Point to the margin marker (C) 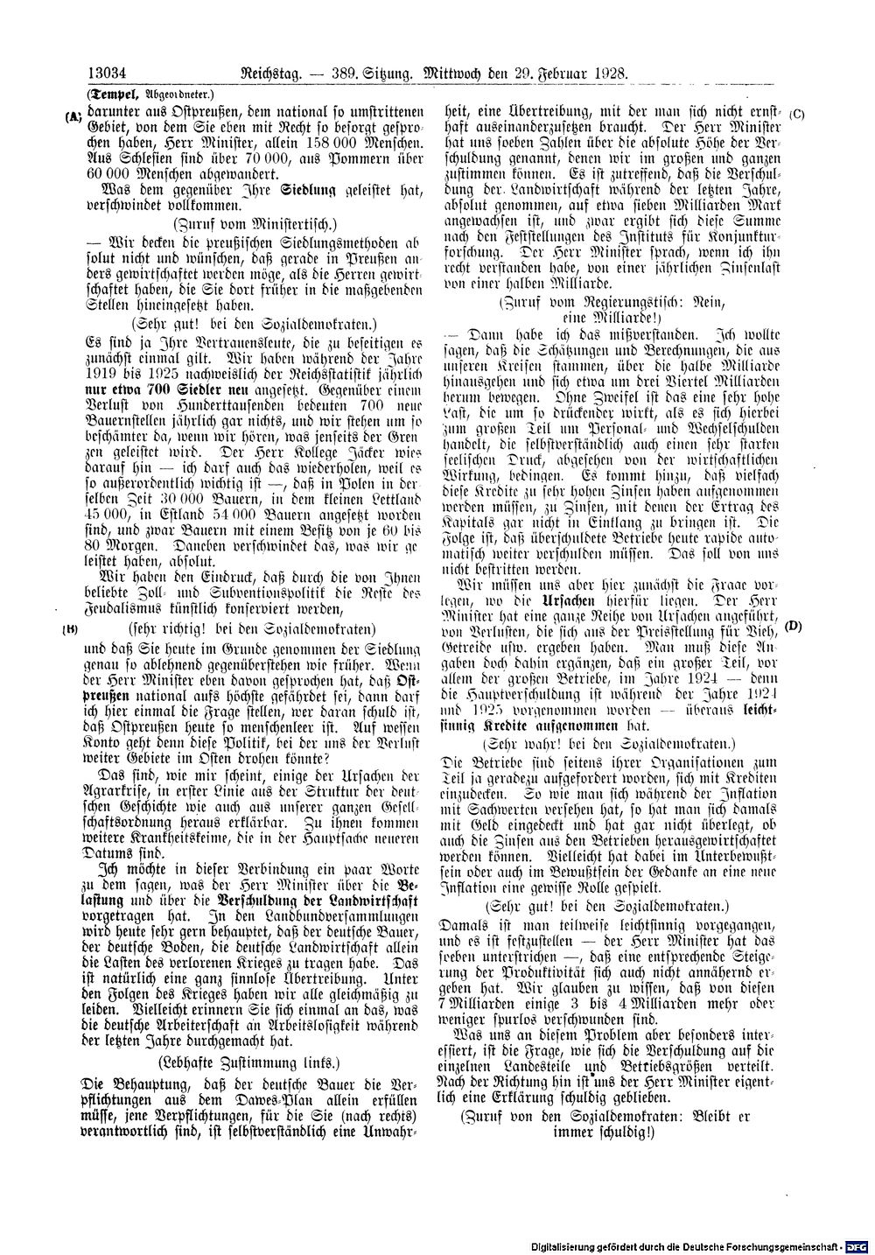point(797,115)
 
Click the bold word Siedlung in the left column point(306,189)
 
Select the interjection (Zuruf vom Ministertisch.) point(255,222)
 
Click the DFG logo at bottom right point(858,1244)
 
